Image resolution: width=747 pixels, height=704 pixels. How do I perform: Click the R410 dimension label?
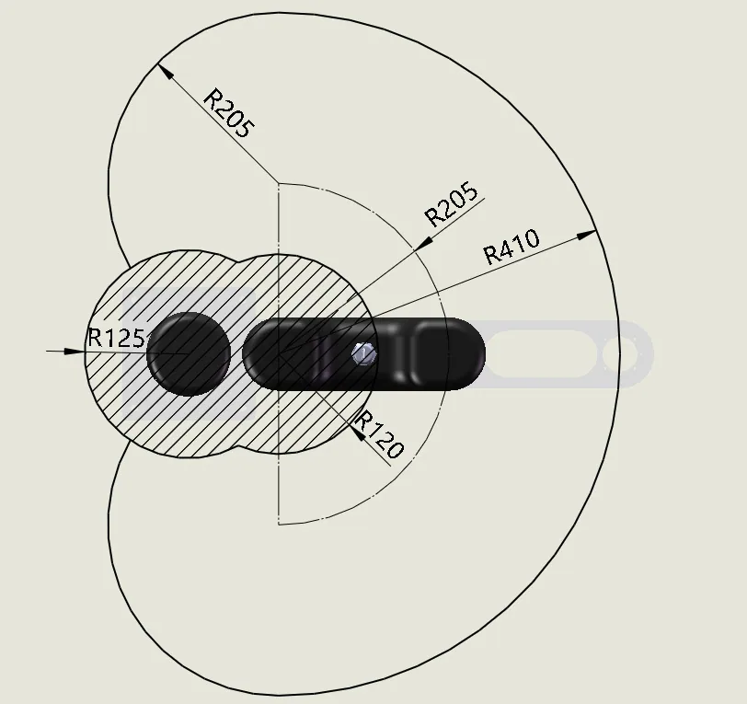click(x=511, y=247)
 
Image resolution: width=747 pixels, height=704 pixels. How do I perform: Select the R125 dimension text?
click(x=116, y=338)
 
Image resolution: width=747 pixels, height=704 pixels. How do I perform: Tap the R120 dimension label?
click(x=380, y=434)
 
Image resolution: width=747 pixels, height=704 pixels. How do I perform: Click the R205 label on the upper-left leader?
click(x=229, y=113)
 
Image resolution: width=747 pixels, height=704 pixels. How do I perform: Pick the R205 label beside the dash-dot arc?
click(x=451, y=203)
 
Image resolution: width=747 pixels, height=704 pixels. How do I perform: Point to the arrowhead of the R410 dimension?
click(x=586, y=235)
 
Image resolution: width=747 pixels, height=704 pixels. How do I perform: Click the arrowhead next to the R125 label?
click(x=75, y=352)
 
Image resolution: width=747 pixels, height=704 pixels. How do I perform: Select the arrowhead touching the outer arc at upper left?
click(x=165, y=72)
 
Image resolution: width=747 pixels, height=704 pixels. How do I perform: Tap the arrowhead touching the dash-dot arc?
click(x=423, y=243)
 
